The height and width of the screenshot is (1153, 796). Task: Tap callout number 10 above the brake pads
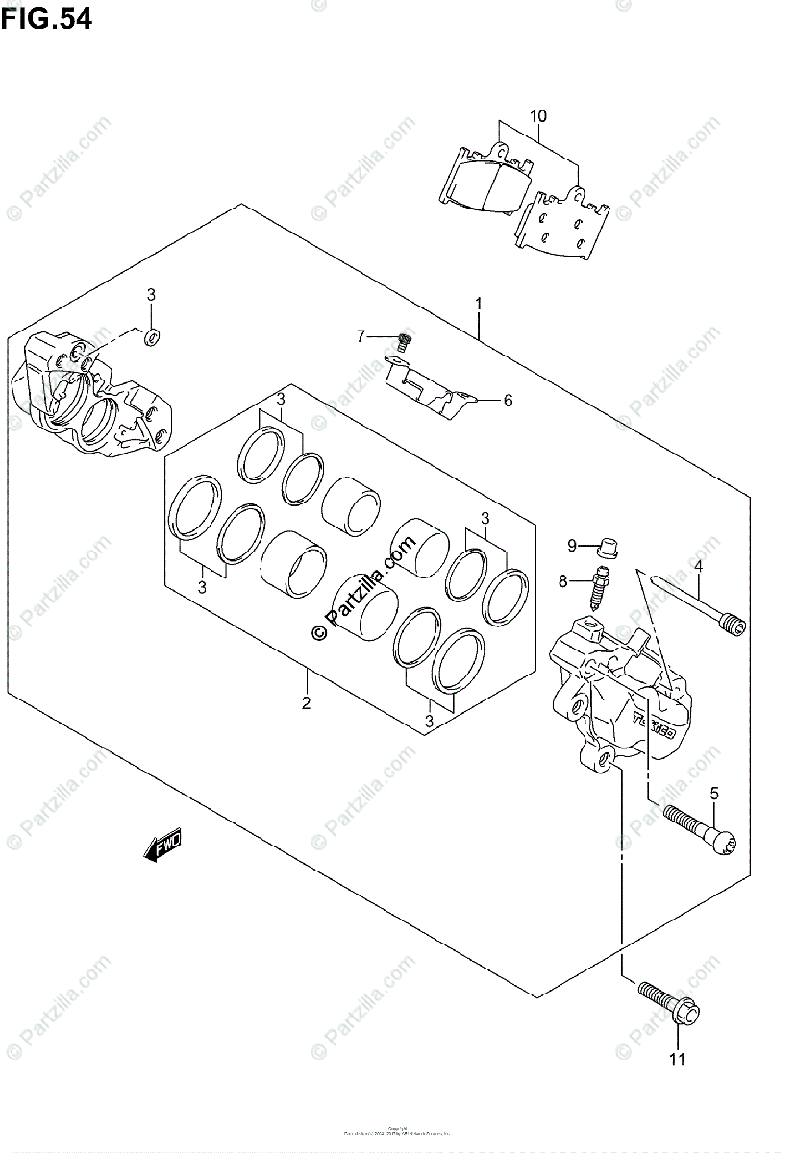click(x=537, y=116)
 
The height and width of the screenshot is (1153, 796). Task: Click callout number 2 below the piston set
click(x=306, y=702)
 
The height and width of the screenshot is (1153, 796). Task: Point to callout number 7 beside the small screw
click(x=361, y=336)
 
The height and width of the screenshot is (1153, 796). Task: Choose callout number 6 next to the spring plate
click(x=508, y=400)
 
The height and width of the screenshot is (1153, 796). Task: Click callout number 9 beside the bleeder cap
click(x=571, y=546)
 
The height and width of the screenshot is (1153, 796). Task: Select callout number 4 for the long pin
click(x=699, y=566)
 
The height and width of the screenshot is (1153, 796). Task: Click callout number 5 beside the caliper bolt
click(x=714, y=793)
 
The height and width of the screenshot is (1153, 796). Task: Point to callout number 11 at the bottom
click(x=677, y=1060)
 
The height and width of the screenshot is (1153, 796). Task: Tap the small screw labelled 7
click(x=404, y=339)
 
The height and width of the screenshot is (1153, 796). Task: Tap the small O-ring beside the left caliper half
click(x=150, y=336)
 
